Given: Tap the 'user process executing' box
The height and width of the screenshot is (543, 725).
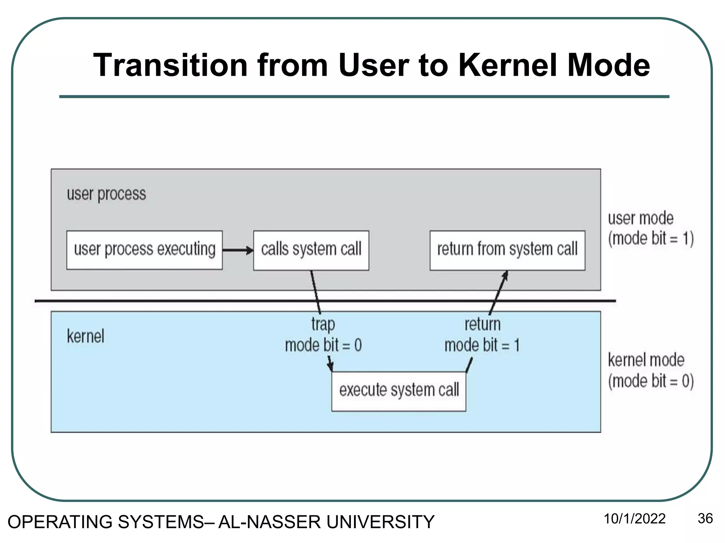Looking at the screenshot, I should (x=144, y=250).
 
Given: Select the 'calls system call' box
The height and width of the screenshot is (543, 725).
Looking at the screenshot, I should (x=311, y=250).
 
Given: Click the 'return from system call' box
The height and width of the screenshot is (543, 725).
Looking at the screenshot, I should (x=507, y=250).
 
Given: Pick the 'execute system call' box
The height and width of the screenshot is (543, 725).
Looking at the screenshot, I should (x=399, y=391).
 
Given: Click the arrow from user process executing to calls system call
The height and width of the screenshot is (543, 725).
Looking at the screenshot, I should (x=237, y=250).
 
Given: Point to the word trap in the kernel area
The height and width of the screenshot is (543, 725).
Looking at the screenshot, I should (x=323, y=325).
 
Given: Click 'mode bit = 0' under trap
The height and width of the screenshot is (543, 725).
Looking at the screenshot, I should (x=323, y=345).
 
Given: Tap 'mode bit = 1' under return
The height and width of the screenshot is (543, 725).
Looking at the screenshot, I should (x=482, y=345).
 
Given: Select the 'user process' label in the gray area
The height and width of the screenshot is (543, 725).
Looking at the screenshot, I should (x=106, y=194).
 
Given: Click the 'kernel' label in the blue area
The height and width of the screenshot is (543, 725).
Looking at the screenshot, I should (x=85, y=336).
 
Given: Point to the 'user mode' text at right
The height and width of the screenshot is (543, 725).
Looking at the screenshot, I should (x=640, y=218).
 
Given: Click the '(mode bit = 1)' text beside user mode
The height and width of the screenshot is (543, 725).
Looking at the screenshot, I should (x=651, y=239).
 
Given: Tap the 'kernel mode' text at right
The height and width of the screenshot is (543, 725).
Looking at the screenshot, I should (x=646, y=360).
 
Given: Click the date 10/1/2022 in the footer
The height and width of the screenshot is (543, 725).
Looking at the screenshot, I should (x=634, y=519).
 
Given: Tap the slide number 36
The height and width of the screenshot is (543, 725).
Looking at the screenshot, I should (x=705, y=519).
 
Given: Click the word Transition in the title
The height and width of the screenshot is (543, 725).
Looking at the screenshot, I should (x=170, y=65).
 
